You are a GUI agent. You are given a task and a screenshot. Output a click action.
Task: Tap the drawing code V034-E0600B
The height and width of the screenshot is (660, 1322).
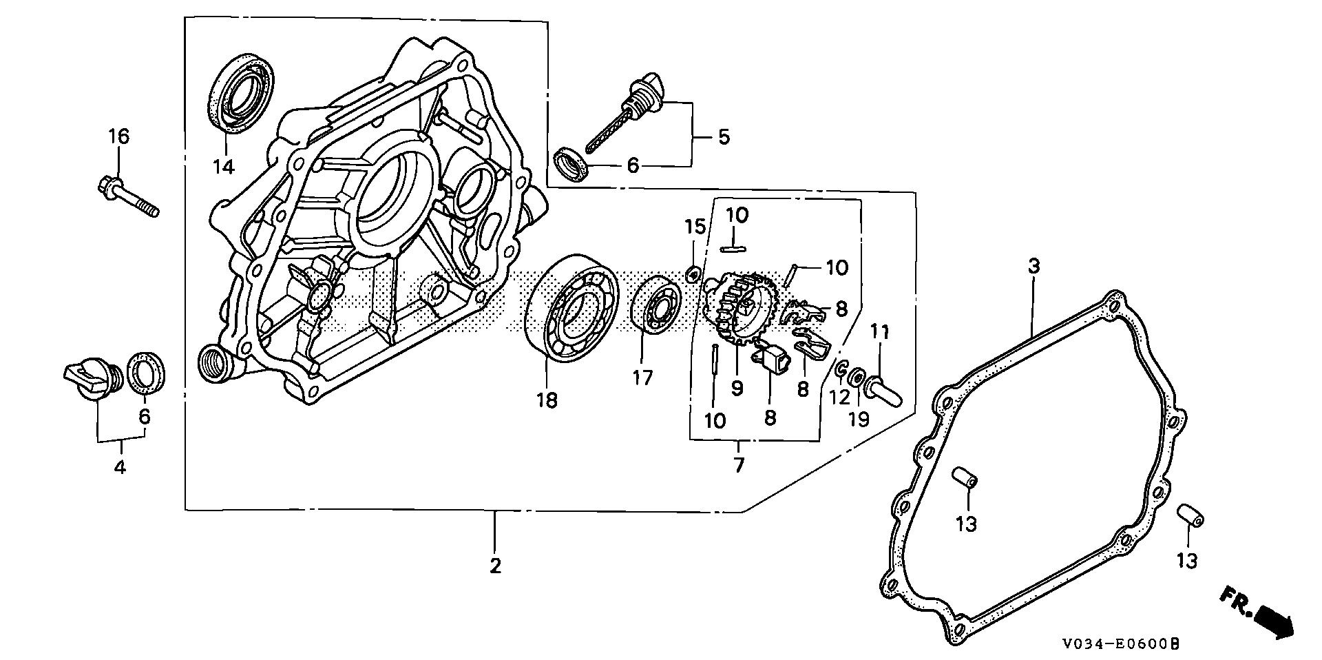coord(1121,645)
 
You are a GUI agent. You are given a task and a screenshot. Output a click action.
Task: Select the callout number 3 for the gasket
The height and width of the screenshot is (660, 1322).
coord(1033,266)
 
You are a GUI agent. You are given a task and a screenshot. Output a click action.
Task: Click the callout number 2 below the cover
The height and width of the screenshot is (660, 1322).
coord(495,566)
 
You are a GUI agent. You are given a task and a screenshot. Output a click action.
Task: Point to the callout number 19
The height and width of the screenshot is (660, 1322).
coord(859,419)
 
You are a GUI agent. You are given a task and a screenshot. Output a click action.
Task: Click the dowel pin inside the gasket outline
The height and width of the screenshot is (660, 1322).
coord(965,477)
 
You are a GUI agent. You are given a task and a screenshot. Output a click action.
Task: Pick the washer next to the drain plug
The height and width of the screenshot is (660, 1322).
coord(147,374)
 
